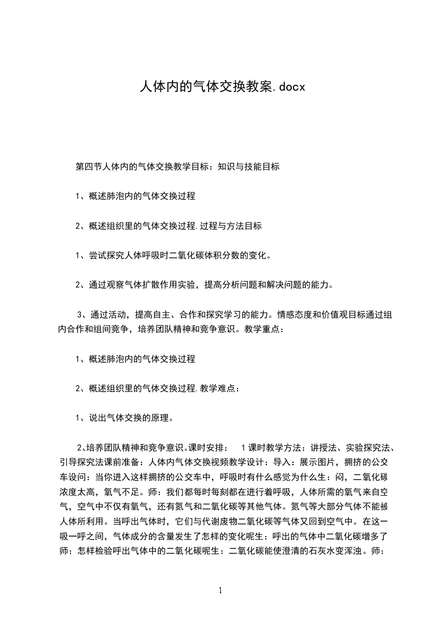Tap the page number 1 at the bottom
pyautogui.click(x=220, y=590)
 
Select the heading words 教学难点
pyautogui.click(x=220, y=389)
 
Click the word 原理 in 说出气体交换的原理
pyautogui.click(x=164, y=418)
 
